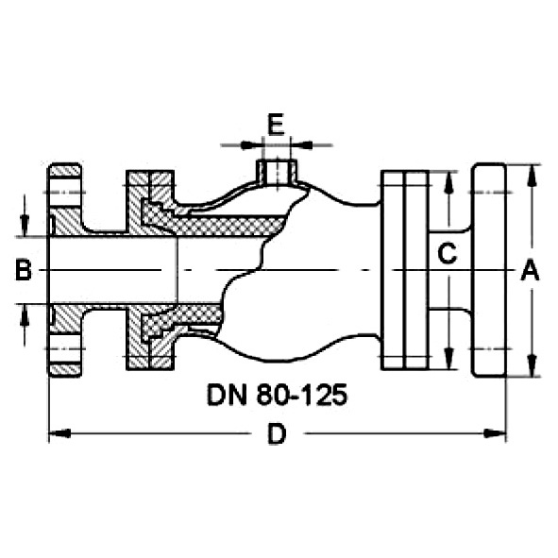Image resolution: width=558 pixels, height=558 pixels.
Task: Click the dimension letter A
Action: [531, 270]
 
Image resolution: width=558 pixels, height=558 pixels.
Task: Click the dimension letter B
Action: [24, 270]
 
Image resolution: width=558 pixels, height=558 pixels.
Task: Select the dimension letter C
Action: [447, 253]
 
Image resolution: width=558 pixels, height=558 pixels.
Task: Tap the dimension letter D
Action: [277, 434]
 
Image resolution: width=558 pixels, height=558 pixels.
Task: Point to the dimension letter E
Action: [276, 125]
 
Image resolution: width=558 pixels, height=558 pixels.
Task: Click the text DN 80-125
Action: [277, 395]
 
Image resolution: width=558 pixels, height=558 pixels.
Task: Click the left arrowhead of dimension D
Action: [59, 433]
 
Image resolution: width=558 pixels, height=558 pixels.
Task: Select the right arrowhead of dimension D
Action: [495, 433]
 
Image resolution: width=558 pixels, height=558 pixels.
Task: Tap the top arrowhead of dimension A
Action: [532, 175]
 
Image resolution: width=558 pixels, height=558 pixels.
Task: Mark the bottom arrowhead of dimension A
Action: [532, 365]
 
